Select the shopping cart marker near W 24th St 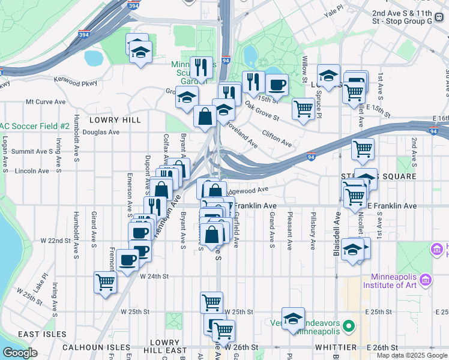click(x=105, y=281)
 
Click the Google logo click(x=20, y=353)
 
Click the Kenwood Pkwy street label click(x=76, y=79)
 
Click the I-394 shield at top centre click(x=134, y=6)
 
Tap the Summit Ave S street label click(x=37, y=151)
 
